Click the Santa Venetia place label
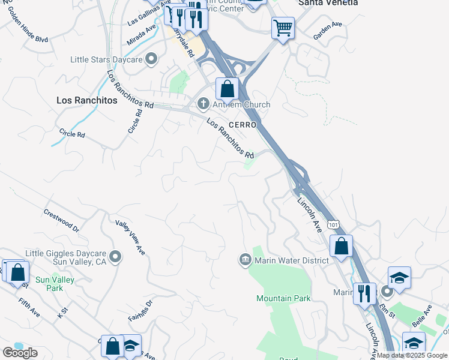click(x=328, y=3)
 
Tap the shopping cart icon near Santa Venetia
click(x=283, y=27)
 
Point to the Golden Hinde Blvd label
click(x=28, y=31)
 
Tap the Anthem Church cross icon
click(x=203, y=104)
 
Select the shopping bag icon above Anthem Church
click(x=227, y=89)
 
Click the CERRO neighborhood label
click(x=243, y=125)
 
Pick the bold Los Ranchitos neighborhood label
click(x=86, y=100)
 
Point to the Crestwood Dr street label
click(x=61, y=220)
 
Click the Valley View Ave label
click(x=131, y=236)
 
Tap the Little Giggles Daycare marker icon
click(x=115, y=257)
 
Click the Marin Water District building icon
click(x=245, y=260)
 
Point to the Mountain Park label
click(x=283, y=298)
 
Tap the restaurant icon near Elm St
click(x=364, y=293)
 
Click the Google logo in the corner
click(x=20, y=353)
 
